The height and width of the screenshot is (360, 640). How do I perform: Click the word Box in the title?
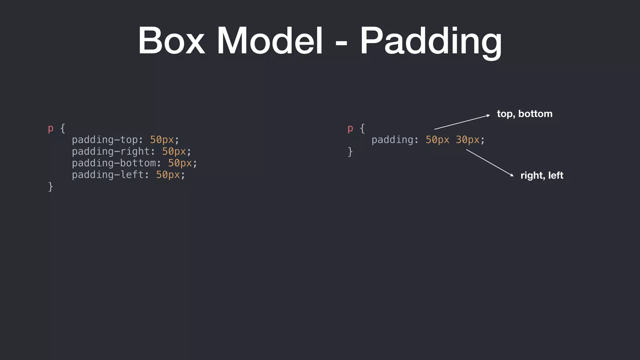point(171,41)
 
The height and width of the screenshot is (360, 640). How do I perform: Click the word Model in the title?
point(270,41)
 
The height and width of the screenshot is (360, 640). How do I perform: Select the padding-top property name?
point(105,140)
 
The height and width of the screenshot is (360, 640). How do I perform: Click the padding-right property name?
point(111,152)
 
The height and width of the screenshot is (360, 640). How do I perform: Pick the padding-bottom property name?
point(114,163)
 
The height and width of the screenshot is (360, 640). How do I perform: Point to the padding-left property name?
point(107,175)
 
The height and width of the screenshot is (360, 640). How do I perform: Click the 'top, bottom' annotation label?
point(525,114)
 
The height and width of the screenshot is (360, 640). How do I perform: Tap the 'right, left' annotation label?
point(542,175)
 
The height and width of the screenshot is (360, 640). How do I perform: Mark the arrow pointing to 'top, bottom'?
point(462,122)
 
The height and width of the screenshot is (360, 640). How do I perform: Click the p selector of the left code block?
point(51,128)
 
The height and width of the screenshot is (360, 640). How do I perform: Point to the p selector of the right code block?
point(350,128)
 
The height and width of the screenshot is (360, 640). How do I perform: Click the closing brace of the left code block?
point(51,187)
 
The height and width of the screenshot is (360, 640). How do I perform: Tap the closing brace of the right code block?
point(350,152)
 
